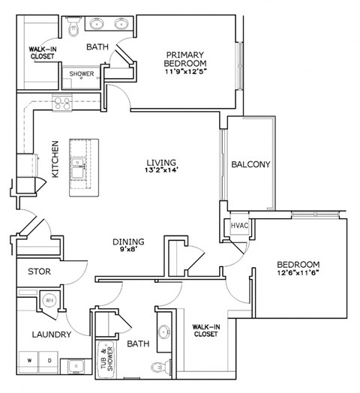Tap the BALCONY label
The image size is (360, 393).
coord(250,165)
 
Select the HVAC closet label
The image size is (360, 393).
coord(239,226)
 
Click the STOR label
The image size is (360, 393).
coord(39,271)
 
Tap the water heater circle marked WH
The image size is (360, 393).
coord(49,300)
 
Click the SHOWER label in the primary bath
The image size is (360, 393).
coord(82,74)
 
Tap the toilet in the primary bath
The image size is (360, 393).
coord(73,28)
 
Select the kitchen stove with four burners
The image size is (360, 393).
coord(61,103)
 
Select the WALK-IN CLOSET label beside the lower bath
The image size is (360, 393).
coord(205,330)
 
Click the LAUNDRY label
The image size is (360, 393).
coord(51,334)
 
